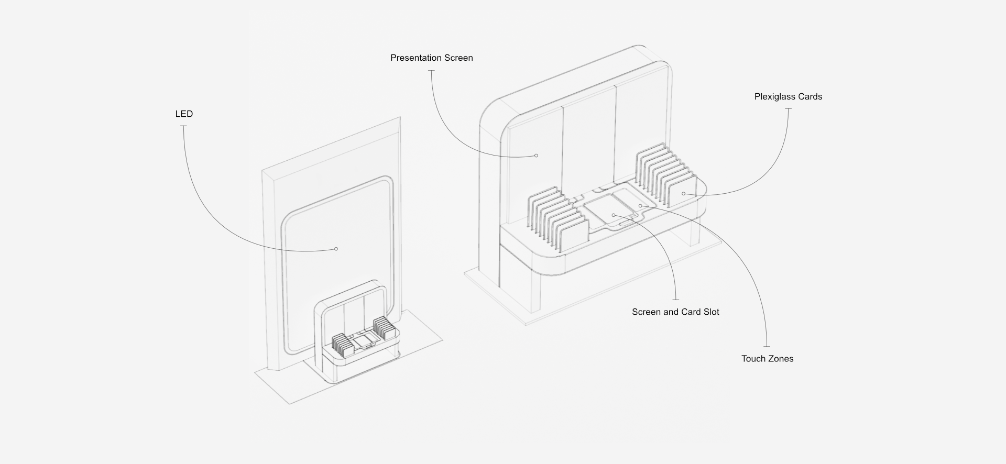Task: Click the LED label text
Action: coord(184,114)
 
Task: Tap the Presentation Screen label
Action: coord(431,58)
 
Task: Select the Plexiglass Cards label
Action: coord(788,97)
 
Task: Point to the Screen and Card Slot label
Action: coord(675,312)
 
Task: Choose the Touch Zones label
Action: coord(767,359)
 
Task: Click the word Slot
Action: coord(711,312)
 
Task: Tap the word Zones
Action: coord(781,359)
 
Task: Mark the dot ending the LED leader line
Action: coord(336,249)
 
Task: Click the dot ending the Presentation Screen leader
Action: coord(537,156)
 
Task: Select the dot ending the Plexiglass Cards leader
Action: coord(684,194)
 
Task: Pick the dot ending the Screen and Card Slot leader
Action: coord(614,215)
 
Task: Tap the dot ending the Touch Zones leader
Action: coord(640,206)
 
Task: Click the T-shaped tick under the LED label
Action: coord(184,126)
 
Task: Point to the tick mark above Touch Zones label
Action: coord(767,346)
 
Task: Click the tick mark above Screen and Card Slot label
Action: coord(675,299)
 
